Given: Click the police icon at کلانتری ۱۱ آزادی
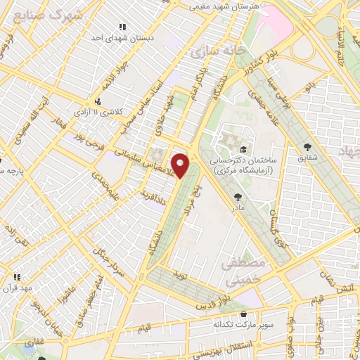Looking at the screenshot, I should (98, 101).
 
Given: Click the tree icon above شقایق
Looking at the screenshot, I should (307, 146).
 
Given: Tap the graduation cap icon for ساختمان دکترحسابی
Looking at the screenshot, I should (243, 149).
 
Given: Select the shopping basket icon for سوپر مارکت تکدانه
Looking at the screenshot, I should (244, 315).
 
